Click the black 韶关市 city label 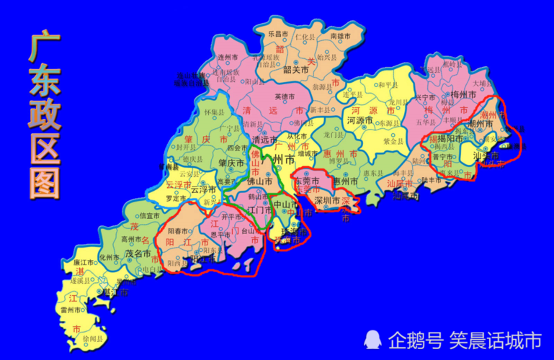tap(296, 70)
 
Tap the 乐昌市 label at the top tap(278, 33)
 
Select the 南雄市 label tap(340, 35)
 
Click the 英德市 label tap(285, 97)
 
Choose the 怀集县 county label tap(214, 112)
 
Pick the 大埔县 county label tap(482, 83)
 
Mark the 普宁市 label tap(442, 156)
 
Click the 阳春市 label tap(178, 231)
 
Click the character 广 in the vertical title tap(44, 48)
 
